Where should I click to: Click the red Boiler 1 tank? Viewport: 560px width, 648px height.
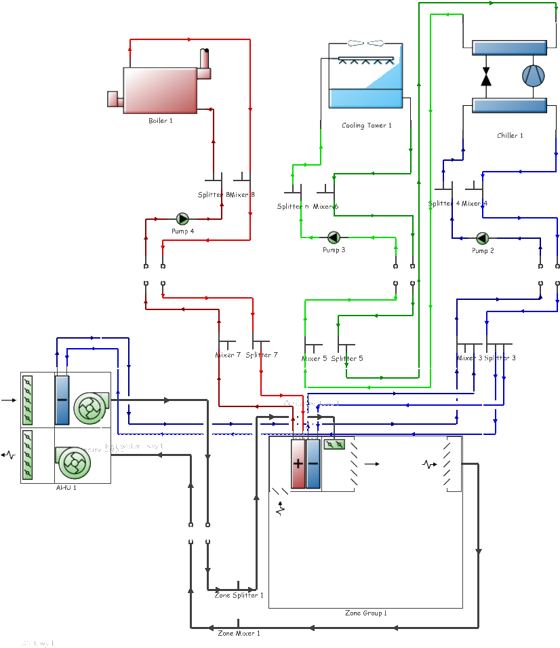[160, 90]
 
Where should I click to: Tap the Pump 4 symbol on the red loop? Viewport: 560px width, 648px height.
[182, 218]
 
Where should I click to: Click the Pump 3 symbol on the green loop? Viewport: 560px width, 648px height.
[334, 237]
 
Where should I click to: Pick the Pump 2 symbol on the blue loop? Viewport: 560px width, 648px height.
[482, 237]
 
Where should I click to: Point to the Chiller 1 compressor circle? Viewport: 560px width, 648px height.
[533, 76]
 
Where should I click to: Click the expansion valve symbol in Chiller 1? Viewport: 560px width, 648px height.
[486, 77]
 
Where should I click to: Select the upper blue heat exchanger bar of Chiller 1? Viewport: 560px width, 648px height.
[508, 47]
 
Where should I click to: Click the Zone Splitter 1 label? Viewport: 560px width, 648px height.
[239, 595]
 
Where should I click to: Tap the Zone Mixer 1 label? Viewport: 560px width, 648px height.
[239, 632]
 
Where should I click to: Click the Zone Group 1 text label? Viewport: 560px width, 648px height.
[365, 613]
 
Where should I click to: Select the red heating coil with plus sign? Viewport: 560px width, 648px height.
[298, 464]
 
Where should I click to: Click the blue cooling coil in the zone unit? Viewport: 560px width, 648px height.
[313, 464]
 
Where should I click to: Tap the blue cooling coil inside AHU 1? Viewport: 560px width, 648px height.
[62, 400]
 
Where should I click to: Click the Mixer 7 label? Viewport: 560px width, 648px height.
[228, 355]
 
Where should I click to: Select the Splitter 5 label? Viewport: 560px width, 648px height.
[347, 358]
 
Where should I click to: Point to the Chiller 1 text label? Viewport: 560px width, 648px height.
[510, 136]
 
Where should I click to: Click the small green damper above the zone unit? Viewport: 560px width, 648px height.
[334, 444]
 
